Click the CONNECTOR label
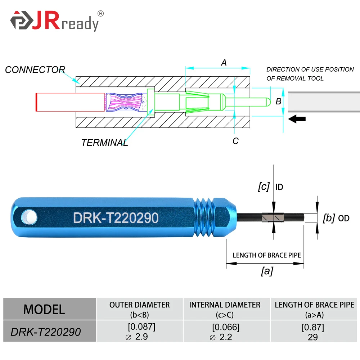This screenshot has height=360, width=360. coord(35,70)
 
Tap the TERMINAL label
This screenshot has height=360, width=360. coord(104,143)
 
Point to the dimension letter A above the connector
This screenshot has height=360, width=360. coord(224,63)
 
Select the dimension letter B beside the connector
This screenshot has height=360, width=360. coord(278,102)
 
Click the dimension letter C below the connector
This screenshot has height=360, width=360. coord(235,141)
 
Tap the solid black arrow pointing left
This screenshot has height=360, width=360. coord(297,119)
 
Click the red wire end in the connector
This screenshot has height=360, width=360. coord(37,102)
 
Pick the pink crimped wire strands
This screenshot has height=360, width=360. coord(124,102)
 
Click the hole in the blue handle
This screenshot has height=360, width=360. coord(28,217)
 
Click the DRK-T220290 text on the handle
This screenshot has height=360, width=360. coord(116,218)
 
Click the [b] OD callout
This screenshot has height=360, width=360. coord(336,218)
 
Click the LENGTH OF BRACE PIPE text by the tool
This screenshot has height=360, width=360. coord(266,255)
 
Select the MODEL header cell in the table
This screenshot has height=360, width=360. coord(44,309)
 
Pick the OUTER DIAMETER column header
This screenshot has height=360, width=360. coord(140,309)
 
